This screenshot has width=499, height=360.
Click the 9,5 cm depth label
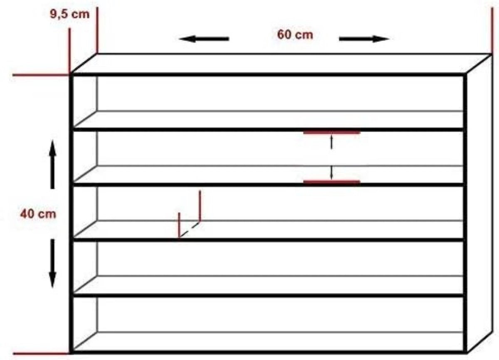(x=70, y=15)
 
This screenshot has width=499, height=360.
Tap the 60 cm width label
(x=295, y=35)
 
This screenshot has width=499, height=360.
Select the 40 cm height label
(x=38, y=214)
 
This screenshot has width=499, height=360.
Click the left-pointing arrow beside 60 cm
(x=204, y=39)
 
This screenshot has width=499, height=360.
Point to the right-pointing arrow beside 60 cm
(x=364, y=39)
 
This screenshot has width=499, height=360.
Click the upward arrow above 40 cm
(x=52, y=165)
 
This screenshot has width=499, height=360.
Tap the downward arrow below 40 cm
(x=52, y=264)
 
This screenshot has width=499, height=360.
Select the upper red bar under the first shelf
(x=332, y=133)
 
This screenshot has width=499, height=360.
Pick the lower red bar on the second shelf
(x=332, y=182)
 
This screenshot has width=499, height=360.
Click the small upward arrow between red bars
(x=331, y=142)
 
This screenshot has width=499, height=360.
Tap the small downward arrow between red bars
(x=331, y=173)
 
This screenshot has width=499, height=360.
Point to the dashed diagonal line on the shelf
(x=189, y=229)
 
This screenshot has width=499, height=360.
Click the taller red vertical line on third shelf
(x=200, y=206)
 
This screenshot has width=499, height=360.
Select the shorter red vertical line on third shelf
(x=179, y=225)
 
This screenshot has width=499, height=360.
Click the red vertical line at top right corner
(x=492, y=31)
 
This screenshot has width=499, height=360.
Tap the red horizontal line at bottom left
(x=42, y=353)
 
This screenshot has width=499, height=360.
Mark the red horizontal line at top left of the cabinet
(x=42, y=75)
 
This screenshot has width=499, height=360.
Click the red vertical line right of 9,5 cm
(x=97, y=30)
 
